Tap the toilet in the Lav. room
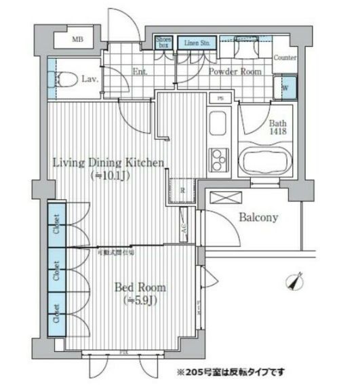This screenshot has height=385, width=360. click(64, 80)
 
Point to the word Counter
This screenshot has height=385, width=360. click(285, 58)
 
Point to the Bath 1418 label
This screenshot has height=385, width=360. click(278, 128)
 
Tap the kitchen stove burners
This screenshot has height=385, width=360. click(218, 161)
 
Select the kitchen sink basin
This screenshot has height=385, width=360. click(218, 125)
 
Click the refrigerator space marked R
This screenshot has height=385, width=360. click(182, 190)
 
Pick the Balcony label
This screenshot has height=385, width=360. click(258, 218)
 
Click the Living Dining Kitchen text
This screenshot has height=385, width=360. click(108, 163)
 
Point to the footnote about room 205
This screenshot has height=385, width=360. click(231, 372)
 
